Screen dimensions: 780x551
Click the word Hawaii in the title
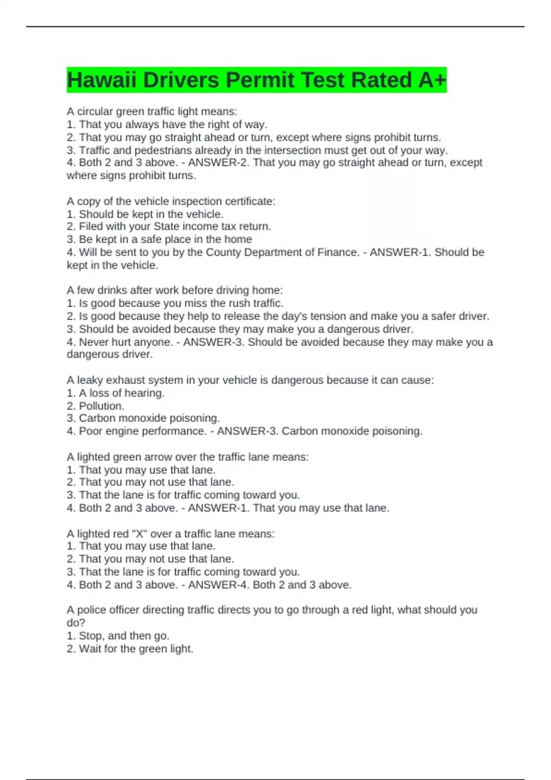pyautogui.click(x=101, y=80)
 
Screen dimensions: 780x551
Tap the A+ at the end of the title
pyautogui.click(x=432, y=80)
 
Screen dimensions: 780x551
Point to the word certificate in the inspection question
pyautogui.click(x=250, y=201)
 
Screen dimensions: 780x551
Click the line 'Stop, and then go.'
pyautogui.click(x=118, y=636)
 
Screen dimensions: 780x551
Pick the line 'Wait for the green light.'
pyautogui.click(x=130, y=649)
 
